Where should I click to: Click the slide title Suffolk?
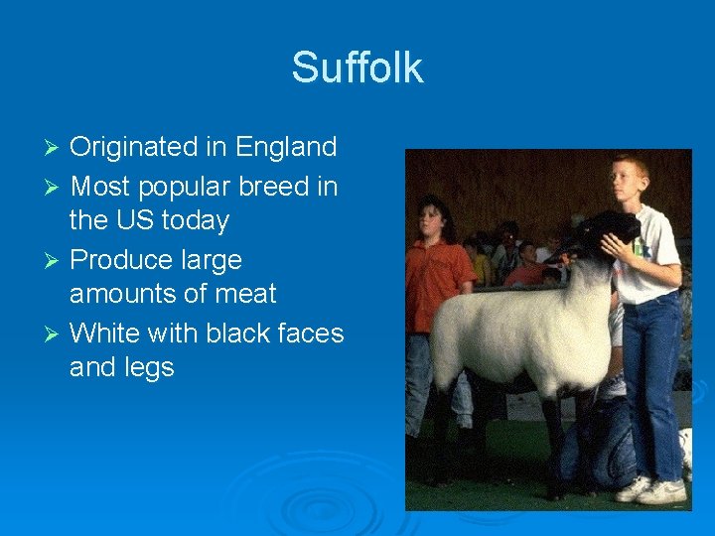pos(357,67)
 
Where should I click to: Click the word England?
pos(286,148)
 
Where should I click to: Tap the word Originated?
pos(136,148)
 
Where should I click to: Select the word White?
pos(107,333)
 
